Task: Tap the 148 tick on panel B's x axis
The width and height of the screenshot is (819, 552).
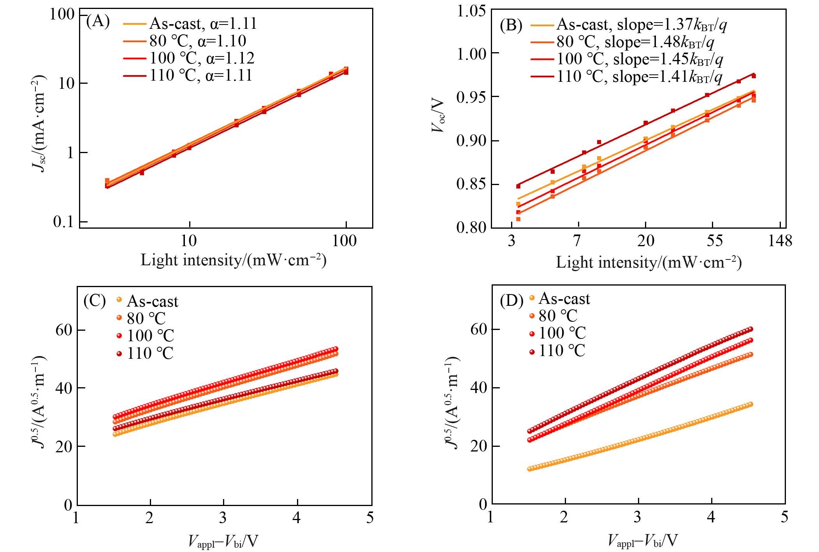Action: click(x=779, y=241)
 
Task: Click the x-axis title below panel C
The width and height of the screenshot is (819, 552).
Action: click(x=223, y=541)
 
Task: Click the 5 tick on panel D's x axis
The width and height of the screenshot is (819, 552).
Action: click(x=784, y=517)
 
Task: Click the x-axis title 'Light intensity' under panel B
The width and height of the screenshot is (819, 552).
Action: click(x=649, y=263)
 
